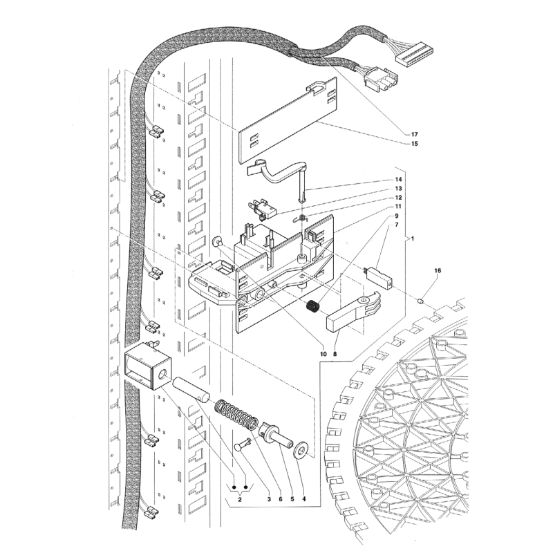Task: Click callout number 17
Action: coord(414,134)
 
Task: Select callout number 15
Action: coord(414,144)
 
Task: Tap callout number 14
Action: coord(399,180)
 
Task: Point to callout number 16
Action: coord(438,270)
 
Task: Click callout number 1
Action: coord(413,238)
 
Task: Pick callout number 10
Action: coord(324,354)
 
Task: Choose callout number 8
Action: coord(335,354)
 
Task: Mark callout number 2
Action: coord(240,499)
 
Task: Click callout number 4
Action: coord(303,499)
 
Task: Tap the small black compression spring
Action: coord(312,306)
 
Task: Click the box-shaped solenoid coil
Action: coord(148,366)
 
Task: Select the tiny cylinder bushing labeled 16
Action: coord(420,301)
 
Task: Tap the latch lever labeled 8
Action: coord(355,311)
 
